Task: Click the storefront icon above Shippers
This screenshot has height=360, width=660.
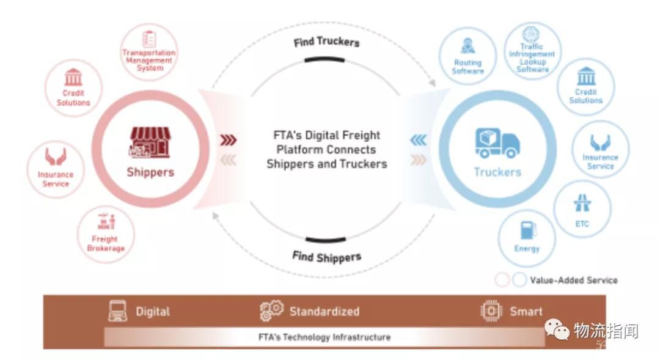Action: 150,142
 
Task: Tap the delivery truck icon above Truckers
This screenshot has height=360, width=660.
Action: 497,144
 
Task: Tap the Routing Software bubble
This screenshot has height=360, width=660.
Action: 468,57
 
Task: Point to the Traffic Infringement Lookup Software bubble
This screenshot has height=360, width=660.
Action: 532,51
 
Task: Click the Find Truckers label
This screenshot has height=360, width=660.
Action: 326,42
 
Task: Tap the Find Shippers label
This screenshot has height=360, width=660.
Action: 326,256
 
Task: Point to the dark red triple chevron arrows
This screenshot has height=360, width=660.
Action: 228,141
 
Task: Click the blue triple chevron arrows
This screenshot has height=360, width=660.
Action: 418,141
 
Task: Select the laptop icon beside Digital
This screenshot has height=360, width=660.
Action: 118,311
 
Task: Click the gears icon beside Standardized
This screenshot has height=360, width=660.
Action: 271,310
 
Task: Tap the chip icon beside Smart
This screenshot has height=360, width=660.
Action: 490,311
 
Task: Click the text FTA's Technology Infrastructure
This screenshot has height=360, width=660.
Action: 324,337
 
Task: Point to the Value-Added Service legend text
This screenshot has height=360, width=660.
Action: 574,280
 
